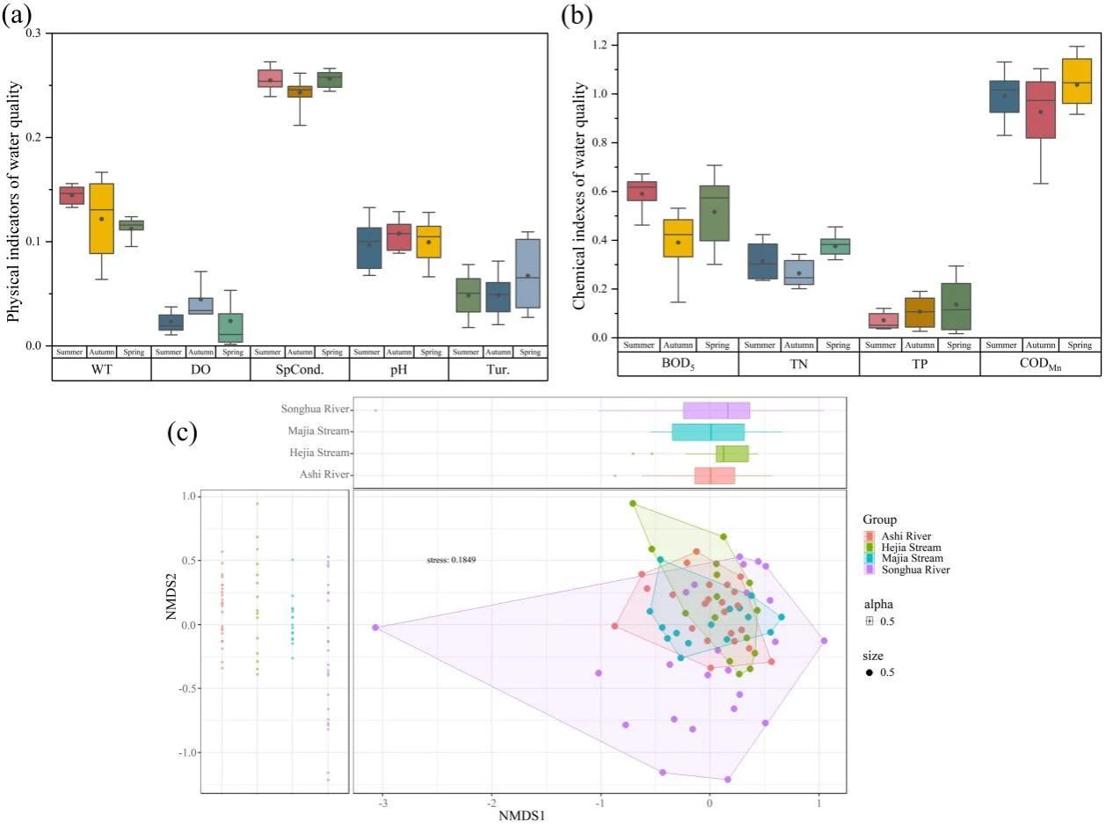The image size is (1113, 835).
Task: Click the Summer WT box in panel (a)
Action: (71, 195)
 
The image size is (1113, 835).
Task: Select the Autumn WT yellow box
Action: (102, 218)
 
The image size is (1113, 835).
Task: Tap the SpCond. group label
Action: (301, 369)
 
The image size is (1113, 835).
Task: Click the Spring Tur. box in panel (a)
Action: (527, 273)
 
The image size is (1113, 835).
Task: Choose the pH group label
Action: (399, 369)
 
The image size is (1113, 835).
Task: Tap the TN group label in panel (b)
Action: (798, 365)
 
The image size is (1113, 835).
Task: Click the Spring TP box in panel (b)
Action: (956, 306)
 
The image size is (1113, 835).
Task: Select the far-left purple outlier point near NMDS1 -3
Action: (375, 628)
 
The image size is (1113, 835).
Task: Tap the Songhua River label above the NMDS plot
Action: (316, 410)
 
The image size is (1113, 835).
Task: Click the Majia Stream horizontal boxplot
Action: (709, 432)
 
